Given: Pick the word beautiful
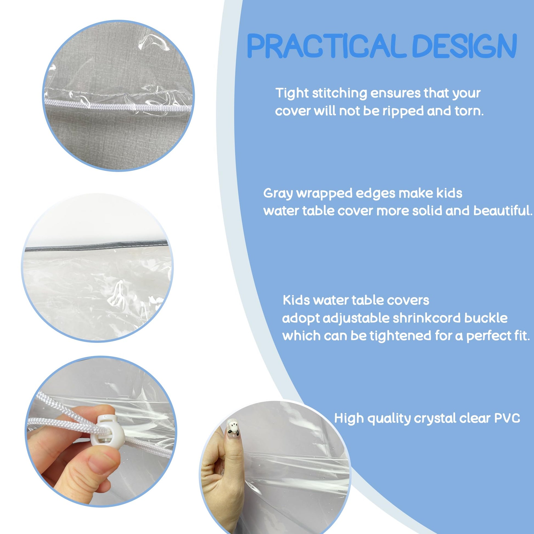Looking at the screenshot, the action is coord(503,211).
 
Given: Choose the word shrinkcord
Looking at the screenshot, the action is coord(427,318).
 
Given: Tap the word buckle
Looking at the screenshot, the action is coord(486,318).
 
